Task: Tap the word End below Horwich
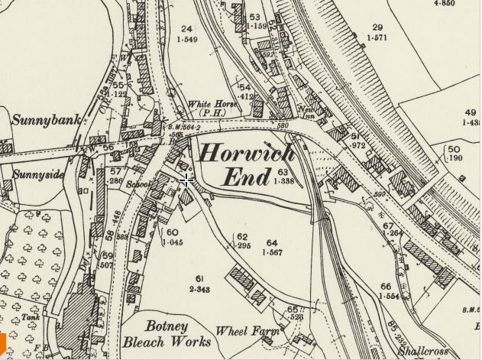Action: point(246,179)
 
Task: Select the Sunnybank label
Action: point(43,120)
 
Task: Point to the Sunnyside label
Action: point(38,174)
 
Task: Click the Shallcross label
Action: point(424,352)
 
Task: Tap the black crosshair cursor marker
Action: point(186,180)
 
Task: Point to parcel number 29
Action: point(376,27)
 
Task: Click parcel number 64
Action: point(272,243)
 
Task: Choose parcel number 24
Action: point(186,28)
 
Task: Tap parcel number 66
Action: point(385,286)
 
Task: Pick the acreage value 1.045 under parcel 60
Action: point(173,242)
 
